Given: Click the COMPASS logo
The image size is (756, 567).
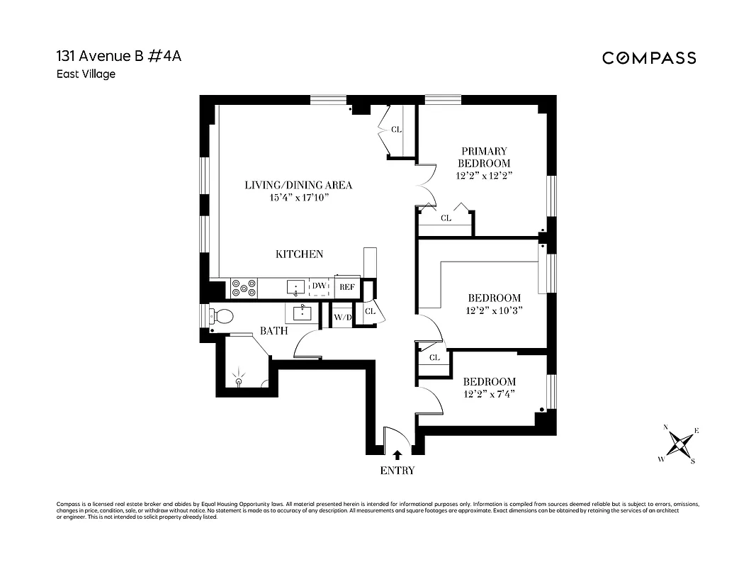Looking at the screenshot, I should (x=649, y=58).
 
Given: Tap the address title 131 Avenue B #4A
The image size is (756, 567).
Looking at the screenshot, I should (x=118, y=57).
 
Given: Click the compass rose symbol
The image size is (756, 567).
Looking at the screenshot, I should (x=679, y=444).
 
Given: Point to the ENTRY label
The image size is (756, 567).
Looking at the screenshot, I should (x=397, y=470).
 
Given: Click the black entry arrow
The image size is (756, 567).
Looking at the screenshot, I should (x=397, y=454).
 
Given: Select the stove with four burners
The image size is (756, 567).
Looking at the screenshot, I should (x=244, y=288).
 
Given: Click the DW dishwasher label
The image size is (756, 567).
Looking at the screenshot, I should (x=319, y=286).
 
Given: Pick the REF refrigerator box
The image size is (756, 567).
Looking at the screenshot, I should (x=346, y=287).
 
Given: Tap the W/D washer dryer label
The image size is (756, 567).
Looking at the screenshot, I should (x=343, y=316).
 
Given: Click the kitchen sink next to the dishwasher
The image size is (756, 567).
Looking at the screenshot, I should (x=296, y=287).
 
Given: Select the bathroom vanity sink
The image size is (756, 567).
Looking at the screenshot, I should (x=303, y=313).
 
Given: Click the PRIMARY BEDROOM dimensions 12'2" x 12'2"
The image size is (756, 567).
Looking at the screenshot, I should (x=485, y=174).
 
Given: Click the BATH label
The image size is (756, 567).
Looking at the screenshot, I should (x=273, y=330).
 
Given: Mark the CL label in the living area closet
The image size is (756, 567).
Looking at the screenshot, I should (x=396, y=130).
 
